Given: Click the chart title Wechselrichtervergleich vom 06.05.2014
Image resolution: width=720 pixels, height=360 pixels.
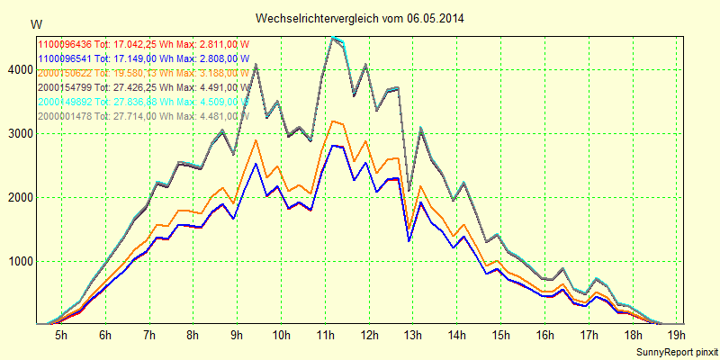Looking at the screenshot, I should coord(361,18).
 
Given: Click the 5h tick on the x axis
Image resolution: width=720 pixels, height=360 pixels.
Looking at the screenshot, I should coord(61,337).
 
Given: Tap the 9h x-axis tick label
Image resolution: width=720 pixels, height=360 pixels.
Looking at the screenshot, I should coord(237,337).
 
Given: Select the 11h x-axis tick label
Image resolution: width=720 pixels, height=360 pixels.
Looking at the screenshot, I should coord(324,337).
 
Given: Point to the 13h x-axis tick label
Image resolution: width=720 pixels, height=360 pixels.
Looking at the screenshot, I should coord(412,337).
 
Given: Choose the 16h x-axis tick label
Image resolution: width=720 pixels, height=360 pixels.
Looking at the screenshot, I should coord(544,337).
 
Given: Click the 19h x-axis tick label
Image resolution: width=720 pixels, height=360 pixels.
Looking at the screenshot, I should coord(675,337).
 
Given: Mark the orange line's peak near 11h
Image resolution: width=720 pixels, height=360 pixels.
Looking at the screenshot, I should coord(333,121).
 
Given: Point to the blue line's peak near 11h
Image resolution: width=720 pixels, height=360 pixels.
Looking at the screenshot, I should coord(333,145).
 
